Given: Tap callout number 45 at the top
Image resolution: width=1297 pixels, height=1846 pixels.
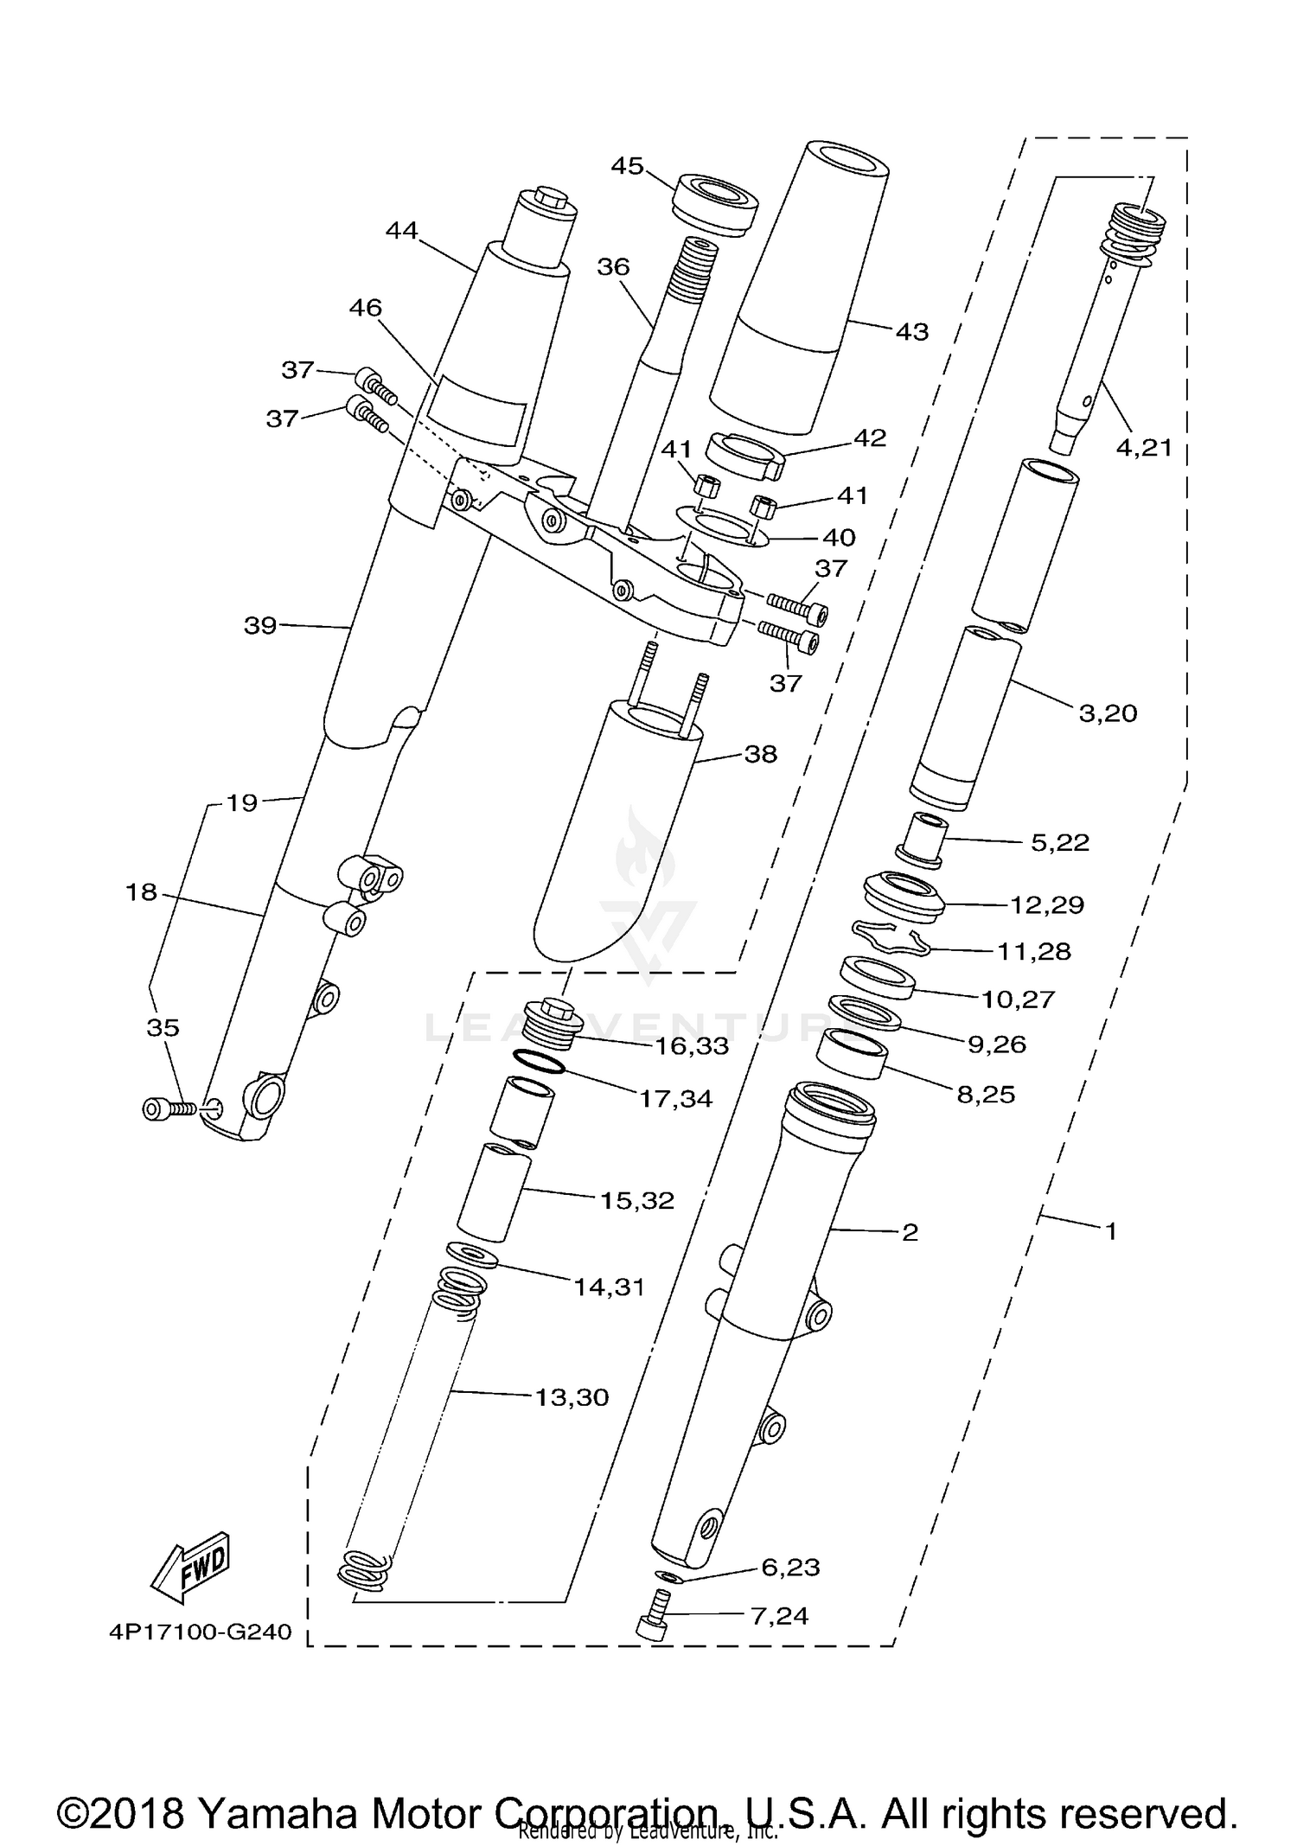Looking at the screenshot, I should coord(628,165).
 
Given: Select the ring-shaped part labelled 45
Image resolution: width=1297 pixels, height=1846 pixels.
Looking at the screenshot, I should coord(714,203).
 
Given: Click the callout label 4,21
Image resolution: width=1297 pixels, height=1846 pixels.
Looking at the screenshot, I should coord(1144,447).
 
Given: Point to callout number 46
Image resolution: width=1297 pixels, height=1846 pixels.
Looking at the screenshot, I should coord(365,307).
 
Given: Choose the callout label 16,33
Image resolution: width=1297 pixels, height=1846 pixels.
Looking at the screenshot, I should coord(692,1045).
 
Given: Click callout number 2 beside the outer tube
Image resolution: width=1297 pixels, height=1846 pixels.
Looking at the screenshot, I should coord(910,1231).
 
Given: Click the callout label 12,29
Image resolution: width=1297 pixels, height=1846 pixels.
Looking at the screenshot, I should coord(1047,904).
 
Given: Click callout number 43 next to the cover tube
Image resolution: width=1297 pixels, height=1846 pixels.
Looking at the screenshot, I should coord(911,331).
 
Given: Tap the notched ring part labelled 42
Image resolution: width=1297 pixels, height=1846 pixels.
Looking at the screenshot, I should coord(744,455).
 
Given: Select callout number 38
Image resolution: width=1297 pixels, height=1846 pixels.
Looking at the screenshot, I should coord(760,754).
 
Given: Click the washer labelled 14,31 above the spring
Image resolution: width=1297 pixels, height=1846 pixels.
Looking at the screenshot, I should coord(472,1254).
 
